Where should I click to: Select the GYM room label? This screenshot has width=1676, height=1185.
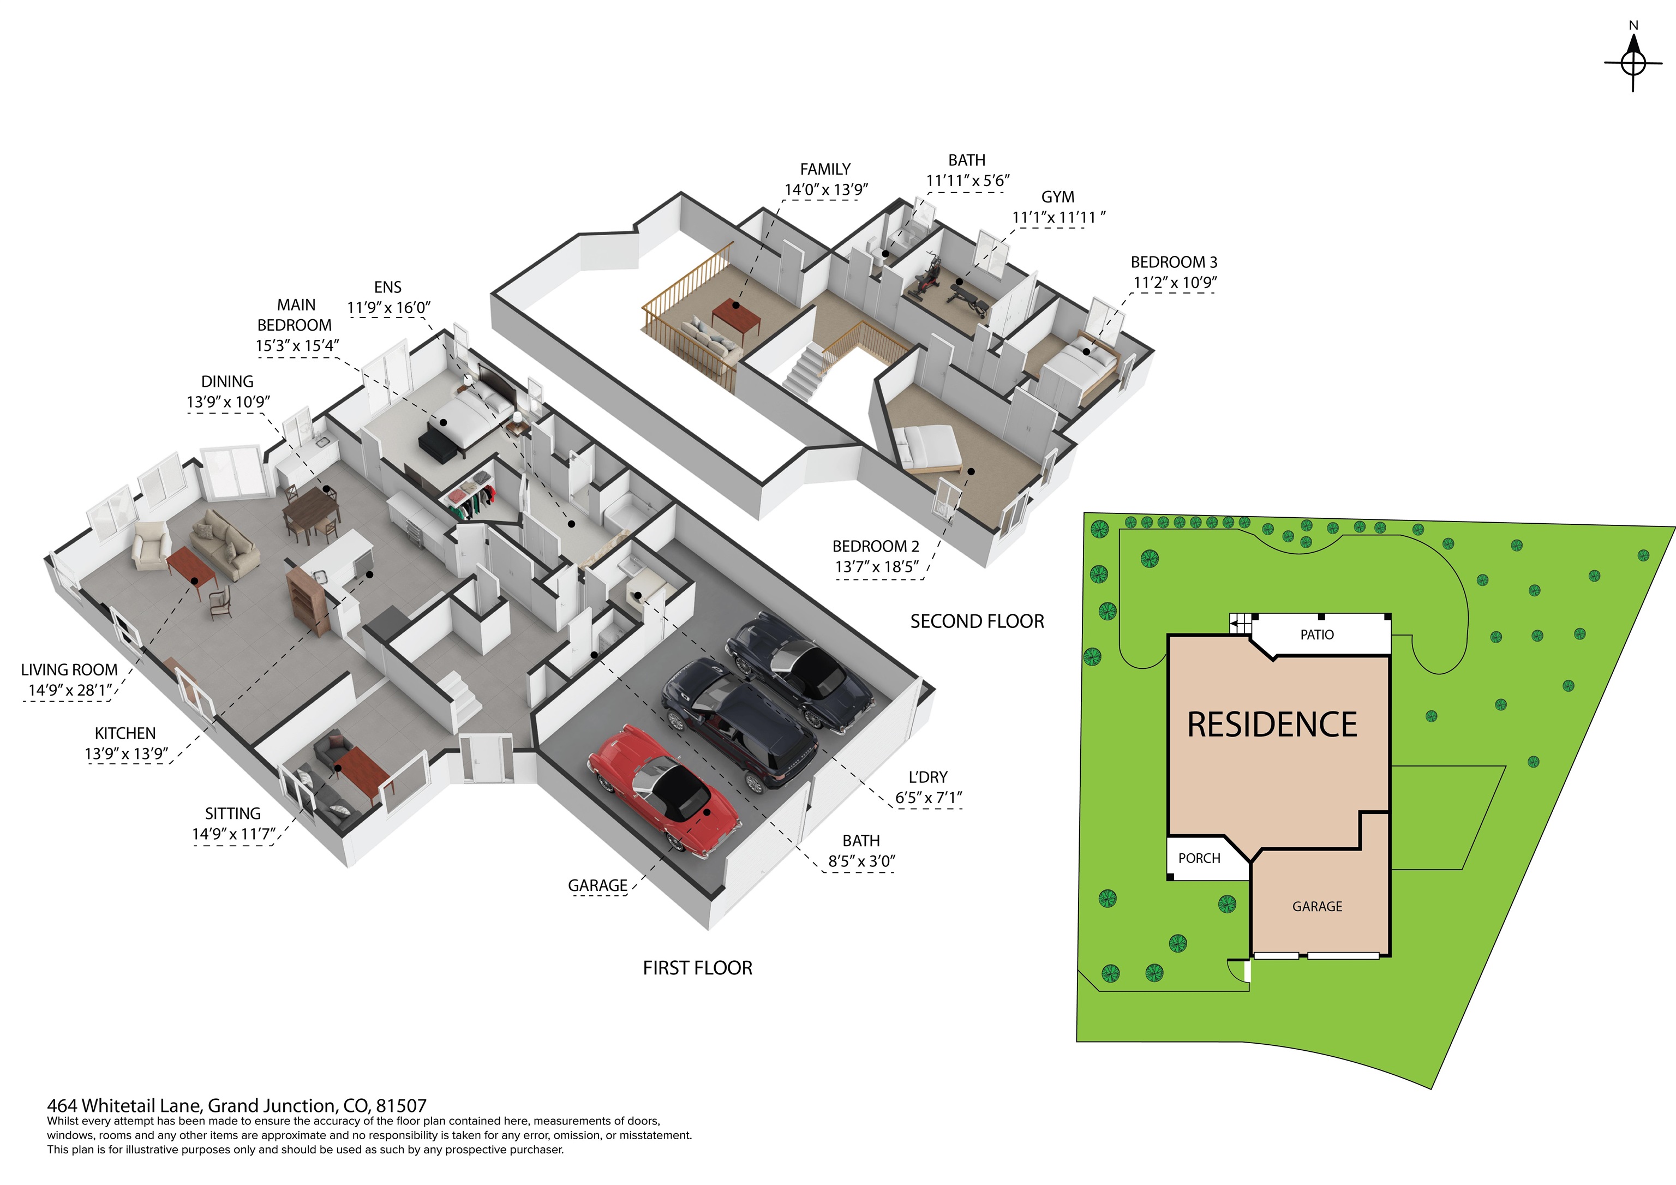[1058, 197]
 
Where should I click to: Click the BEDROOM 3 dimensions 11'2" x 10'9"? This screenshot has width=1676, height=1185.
[1175, 283]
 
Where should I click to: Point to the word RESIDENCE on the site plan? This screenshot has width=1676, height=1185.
[1272, 725]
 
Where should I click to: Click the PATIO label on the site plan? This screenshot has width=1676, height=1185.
[1317, 635]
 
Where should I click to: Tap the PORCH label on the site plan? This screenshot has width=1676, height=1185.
[1199, 859]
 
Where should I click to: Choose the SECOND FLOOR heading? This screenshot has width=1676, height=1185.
[977, 621]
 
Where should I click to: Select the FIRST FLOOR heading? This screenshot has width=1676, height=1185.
[697, 968]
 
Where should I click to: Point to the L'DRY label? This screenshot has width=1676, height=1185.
[928, 777]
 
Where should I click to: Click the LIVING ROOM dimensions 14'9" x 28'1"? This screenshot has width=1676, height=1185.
[70, 691]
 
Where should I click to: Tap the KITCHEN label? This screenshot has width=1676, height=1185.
[125, 734]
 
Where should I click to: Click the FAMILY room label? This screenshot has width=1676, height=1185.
[825, 169]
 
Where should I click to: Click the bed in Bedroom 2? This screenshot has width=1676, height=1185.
[927, 447]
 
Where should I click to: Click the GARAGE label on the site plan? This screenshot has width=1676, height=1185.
[1317, 907]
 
